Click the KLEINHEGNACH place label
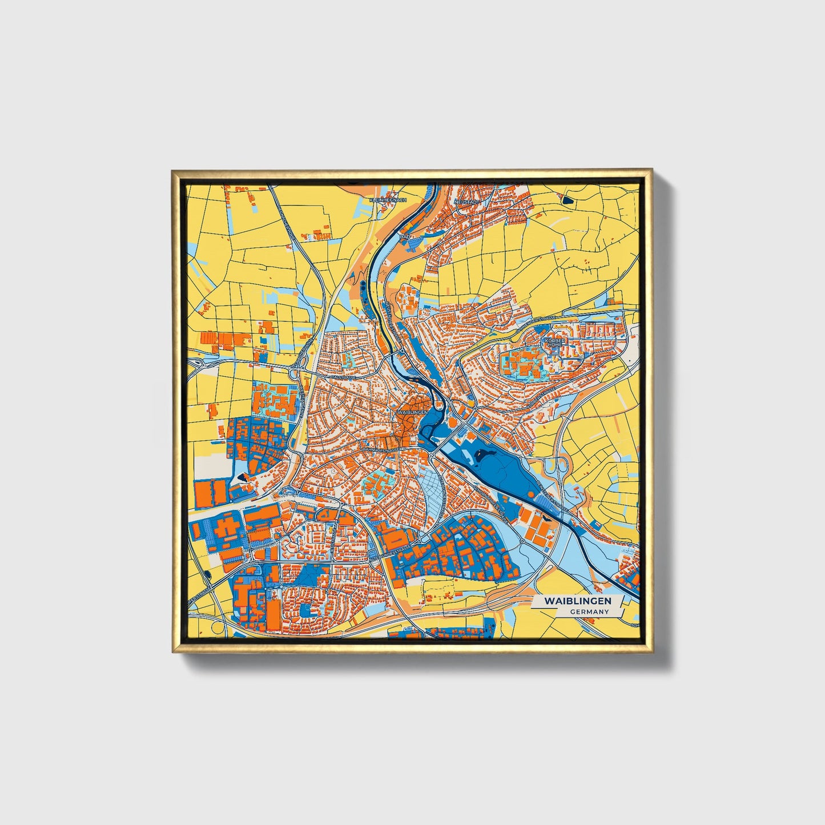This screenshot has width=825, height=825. click(x=388, y=200)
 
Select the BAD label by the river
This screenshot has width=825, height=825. click(x=405, y=236)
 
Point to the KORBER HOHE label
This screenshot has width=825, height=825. click(x=554, y=342)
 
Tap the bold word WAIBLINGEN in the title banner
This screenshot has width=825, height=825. click(x=577, y=601)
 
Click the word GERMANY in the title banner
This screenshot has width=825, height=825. click(x=589, y=611)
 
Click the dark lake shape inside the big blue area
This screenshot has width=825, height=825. click(x=486, y=454)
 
